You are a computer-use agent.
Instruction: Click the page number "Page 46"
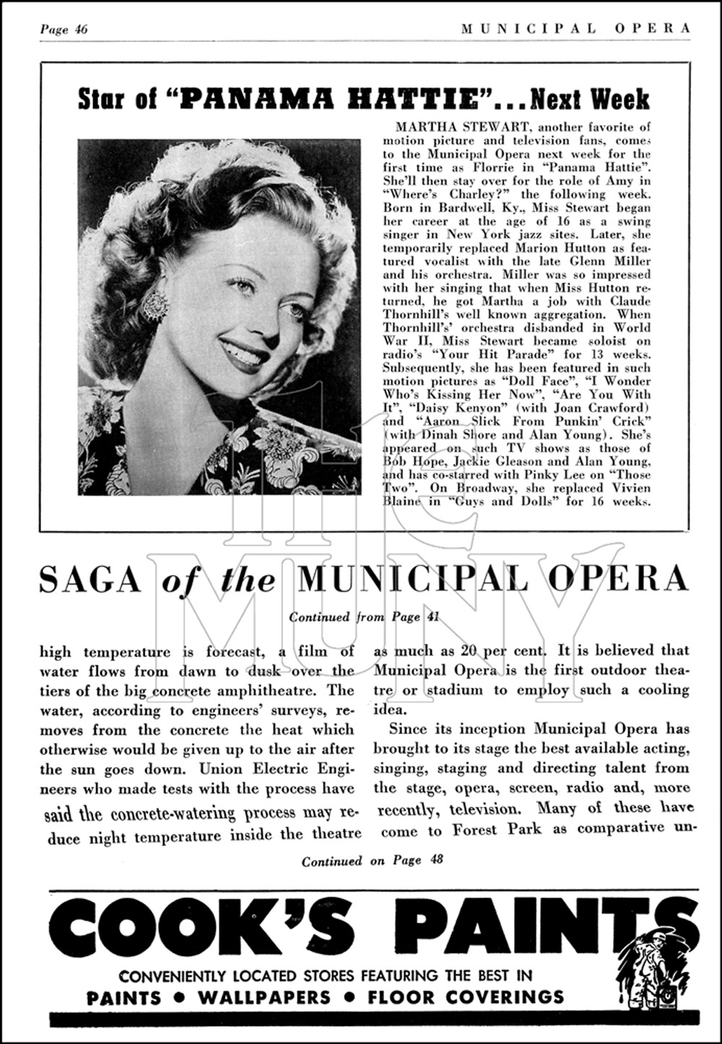point(64,29)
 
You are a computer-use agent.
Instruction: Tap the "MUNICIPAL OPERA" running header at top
point(575,28)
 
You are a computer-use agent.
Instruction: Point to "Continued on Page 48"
point(372,860)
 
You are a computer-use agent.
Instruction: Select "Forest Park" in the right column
point(496,830)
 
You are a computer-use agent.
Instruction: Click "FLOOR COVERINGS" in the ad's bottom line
point(465,998)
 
